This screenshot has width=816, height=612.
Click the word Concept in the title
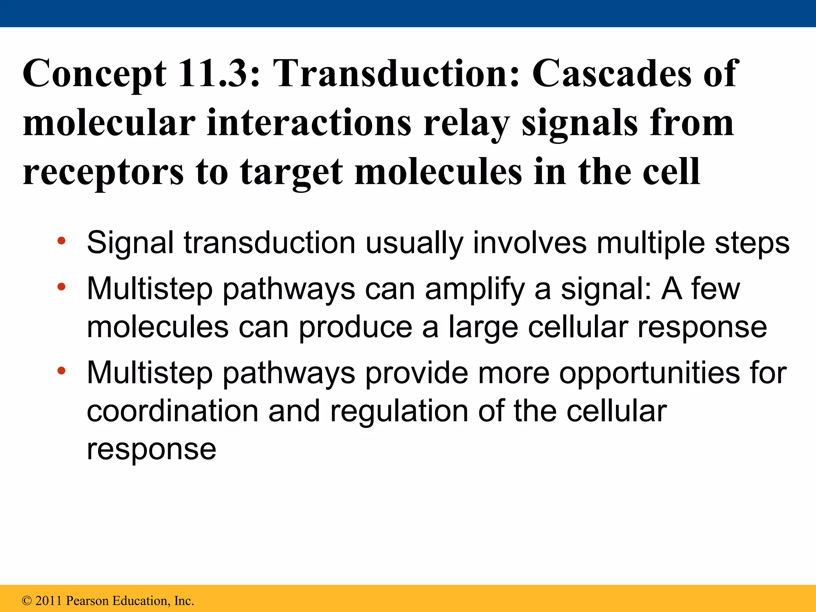click(x=94, y=74)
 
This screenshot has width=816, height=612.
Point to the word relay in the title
click(x=466, y=124)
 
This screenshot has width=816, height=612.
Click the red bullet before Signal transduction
click(x=61, y=241)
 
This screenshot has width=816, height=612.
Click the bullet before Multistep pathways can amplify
click(x=61, y=286)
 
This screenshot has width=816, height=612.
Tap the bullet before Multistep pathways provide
click(x=61, y=371)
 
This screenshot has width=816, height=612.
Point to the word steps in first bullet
click(x=752, y=243)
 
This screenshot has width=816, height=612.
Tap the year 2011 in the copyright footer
click(x=49, y=601)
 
